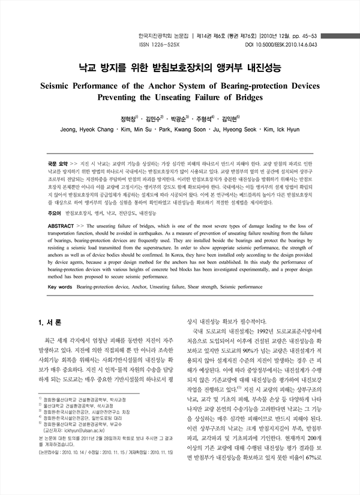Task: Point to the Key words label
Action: pyautogui.click(x=59, y=287)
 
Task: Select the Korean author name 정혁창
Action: pyautogui.click(x=127, y=118)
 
